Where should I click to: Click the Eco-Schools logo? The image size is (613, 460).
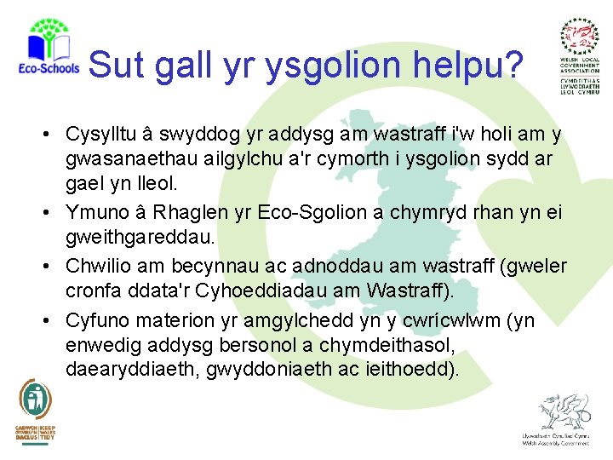click(48, 49)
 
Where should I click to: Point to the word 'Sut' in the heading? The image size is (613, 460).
click(115, 64)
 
